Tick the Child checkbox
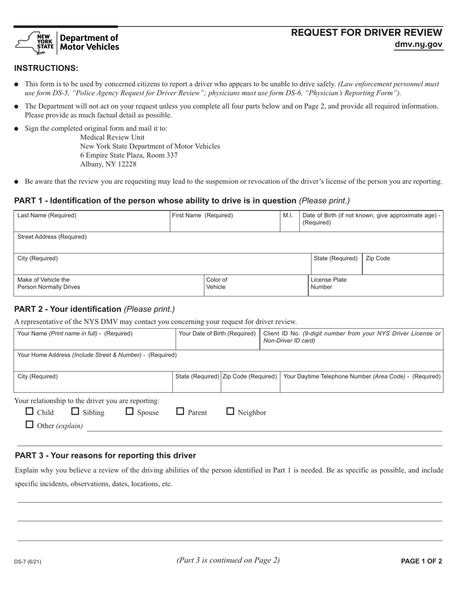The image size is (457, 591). point(29,411)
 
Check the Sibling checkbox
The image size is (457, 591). point(75,411)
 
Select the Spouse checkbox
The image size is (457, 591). point(129,411)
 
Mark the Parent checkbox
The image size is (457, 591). point(180,411)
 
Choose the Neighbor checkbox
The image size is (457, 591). point(230,411)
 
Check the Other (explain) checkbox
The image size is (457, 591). point(29,425)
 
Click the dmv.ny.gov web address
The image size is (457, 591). point(418,45)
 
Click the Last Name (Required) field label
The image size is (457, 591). point(47,215)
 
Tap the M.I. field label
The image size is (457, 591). point(288,215)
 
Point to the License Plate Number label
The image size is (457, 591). point(328,283)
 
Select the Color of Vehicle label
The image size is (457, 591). point(216,283)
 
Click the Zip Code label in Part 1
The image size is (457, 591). point(378,259)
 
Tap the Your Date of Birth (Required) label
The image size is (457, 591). point(217,333)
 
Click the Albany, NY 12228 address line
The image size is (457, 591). point(108,164)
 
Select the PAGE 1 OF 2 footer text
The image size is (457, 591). point(421,561)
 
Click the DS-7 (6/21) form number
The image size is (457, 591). point(27,561)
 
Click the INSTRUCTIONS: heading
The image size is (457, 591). point(46,68)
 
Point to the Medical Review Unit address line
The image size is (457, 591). point(112,137)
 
